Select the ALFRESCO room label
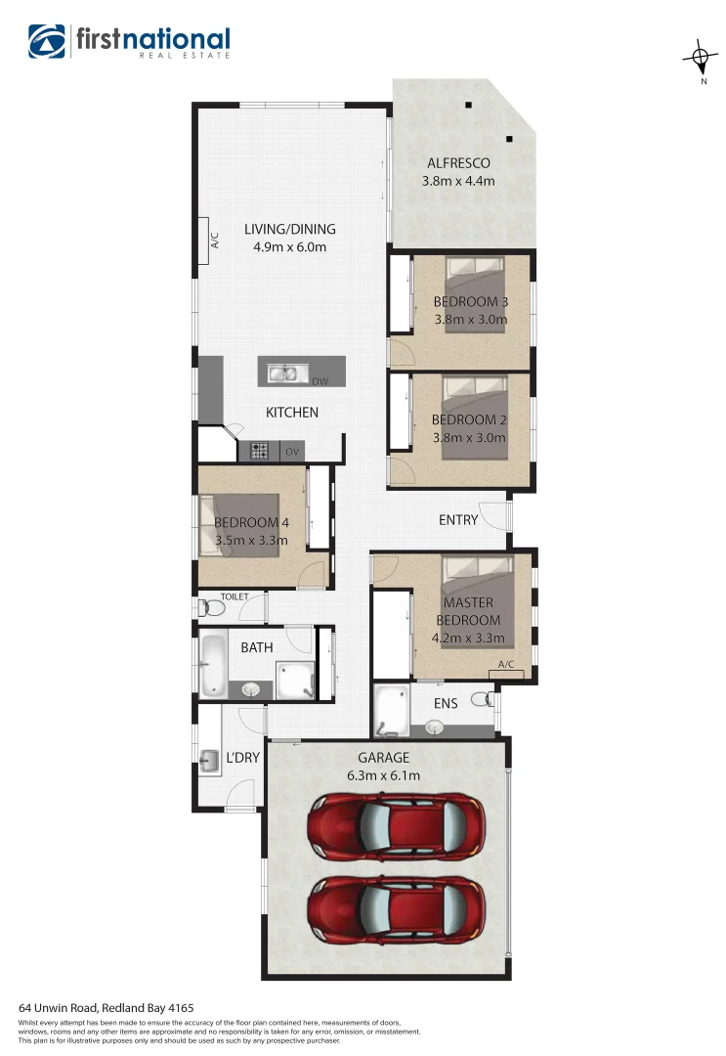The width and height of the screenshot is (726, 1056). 458,163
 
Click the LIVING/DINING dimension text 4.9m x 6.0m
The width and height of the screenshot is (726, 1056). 289,247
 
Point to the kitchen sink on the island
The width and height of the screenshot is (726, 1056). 284,371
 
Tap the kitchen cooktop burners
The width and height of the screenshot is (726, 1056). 260,451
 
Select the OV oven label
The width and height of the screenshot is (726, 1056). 291,452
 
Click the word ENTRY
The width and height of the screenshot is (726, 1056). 458,520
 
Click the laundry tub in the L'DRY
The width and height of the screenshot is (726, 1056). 210,760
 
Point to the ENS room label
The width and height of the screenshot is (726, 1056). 446,703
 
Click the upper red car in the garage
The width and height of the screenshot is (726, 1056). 397,822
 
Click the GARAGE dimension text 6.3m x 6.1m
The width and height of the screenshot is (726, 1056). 383,776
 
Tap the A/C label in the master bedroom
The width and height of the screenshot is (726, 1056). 506,665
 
